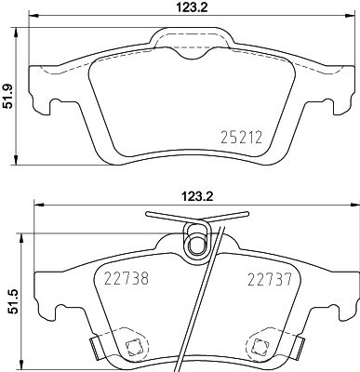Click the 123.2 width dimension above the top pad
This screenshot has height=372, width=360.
click(188, 7)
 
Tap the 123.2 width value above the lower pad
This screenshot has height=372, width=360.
click(188, 197)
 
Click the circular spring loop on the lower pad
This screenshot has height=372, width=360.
click(196, 244)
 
